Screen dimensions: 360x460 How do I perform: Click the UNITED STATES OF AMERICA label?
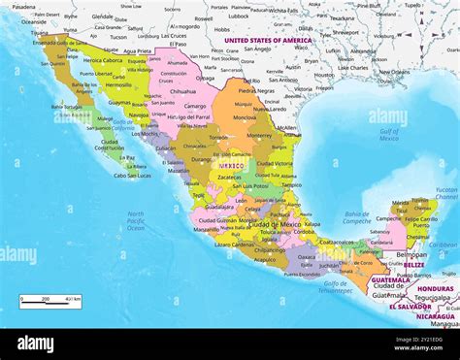pos(268,41)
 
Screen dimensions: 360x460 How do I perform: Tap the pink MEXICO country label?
pos(231,165)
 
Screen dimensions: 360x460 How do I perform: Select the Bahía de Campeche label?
pos(357,219)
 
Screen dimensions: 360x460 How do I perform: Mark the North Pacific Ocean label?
pos(135,220)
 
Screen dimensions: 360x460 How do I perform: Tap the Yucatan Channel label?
pos(445,192)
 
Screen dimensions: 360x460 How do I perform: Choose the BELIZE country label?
pos(413,264)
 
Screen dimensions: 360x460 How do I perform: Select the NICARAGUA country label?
pos(435,315)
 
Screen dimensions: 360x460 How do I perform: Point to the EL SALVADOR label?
pos(410,307)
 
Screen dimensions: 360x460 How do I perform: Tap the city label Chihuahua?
pos(182,91)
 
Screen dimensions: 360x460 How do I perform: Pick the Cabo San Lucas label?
pos(132,176)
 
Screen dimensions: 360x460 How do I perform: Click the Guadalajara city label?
pos(219,206)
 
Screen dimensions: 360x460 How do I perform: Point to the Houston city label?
pos(323,75)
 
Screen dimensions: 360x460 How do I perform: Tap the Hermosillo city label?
pos(120,84)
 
